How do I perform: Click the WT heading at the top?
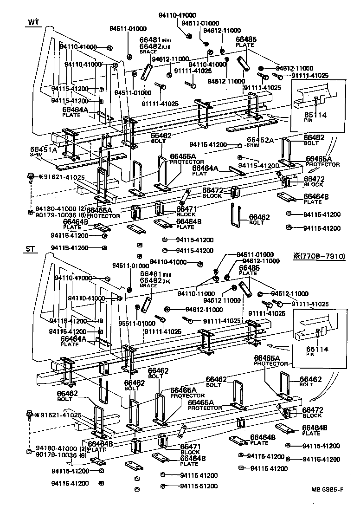click(33, 22)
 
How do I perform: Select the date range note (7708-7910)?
click(319, 256)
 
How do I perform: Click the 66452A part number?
click(260, 139)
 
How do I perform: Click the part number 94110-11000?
click(195, 294)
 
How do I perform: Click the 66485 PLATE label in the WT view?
click(245, 42)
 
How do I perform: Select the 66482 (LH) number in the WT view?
click(150, 47)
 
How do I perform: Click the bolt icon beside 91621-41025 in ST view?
click(31, 414)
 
